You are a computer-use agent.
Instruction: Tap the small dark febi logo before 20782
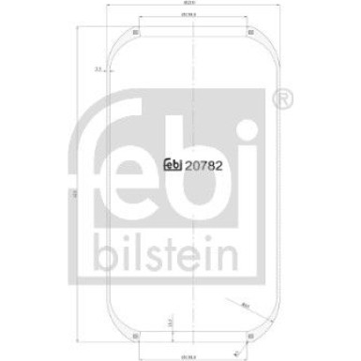click(x=172, y=167)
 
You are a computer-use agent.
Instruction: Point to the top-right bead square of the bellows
click(x=223, y=38)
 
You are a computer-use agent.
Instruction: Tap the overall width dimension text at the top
click(x=179, y=9)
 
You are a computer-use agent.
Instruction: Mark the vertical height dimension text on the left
click(x=74, y=194)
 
